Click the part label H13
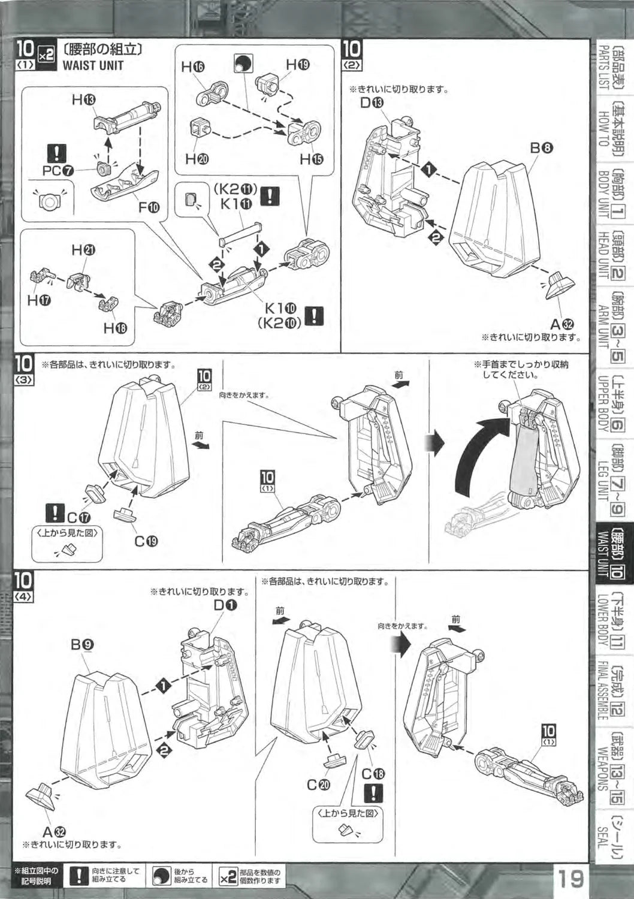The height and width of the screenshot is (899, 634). [x=83, y=100]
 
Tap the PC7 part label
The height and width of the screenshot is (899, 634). [x=58, y=170]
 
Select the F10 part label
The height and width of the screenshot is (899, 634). [x=149, y=207]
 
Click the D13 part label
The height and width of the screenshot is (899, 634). [x=371, y=102]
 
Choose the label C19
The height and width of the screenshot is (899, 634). [x=146, y=541]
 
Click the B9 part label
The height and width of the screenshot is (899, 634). [x=81, y=645]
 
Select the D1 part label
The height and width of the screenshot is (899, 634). [x=225, y=605]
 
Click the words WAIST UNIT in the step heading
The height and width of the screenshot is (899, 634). [x=93, y=65]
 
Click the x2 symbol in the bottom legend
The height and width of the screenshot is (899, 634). [x=228, y=877]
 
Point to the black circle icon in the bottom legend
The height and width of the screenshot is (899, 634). [x=161, y=877]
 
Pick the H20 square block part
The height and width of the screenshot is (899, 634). [x=199, y=128]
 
